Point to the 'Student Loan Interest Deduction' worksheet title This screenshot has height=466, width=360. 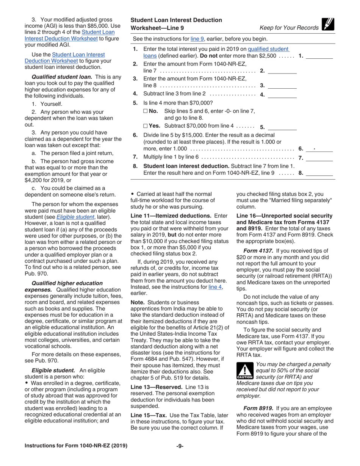click(x=176, y=20)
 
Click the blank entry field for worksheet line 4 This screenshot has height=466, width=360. click(x=282, y=95)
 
